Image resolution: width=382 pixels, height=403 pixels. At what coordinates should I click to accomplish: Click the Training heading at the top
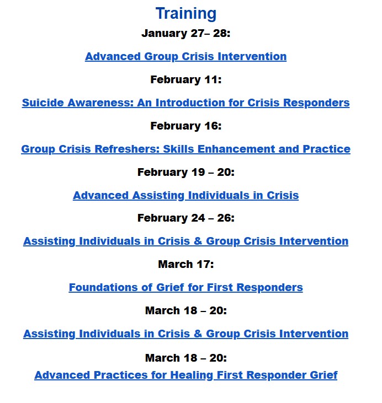point(185,13)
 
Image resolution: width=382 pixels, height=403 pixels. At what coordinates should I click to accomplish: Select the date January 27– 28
point(185,33)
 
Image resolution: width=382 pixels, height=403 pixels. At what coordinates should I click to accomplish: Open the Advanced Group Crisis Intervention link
point(185,56)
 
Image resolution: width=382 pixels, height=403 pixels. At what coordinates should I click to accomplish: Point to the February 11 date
point(185,79)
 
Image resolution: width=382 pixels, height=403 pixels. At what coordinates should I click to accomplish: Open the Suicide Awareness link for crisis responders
point(185,103)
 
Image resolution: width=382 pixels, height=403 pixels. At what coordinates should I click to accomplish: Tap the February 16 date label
point(185,126)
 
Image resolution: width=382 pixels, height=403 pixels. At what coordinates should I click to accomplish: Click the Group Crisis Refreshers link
point(185,149)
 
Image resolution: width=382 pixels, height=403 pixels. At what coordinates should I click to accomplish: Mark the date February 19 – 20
point(185,172)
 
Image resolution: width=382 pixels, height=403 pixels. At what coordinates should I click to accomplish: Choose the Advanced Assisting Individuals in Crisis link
point(185,195)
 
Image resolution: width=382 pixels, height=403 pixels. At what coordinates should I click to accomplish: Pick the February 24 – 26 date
point(185,218)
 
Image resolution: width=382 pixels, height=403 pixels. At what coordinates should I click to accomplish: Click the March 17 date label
point(185,264)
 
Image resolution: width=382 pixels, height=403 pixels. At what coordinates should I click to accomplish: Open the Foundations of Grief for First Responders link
point(185,287)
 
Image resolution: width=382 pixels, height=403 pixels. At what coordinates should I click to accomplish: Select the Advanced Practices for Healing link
point(185,375)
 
